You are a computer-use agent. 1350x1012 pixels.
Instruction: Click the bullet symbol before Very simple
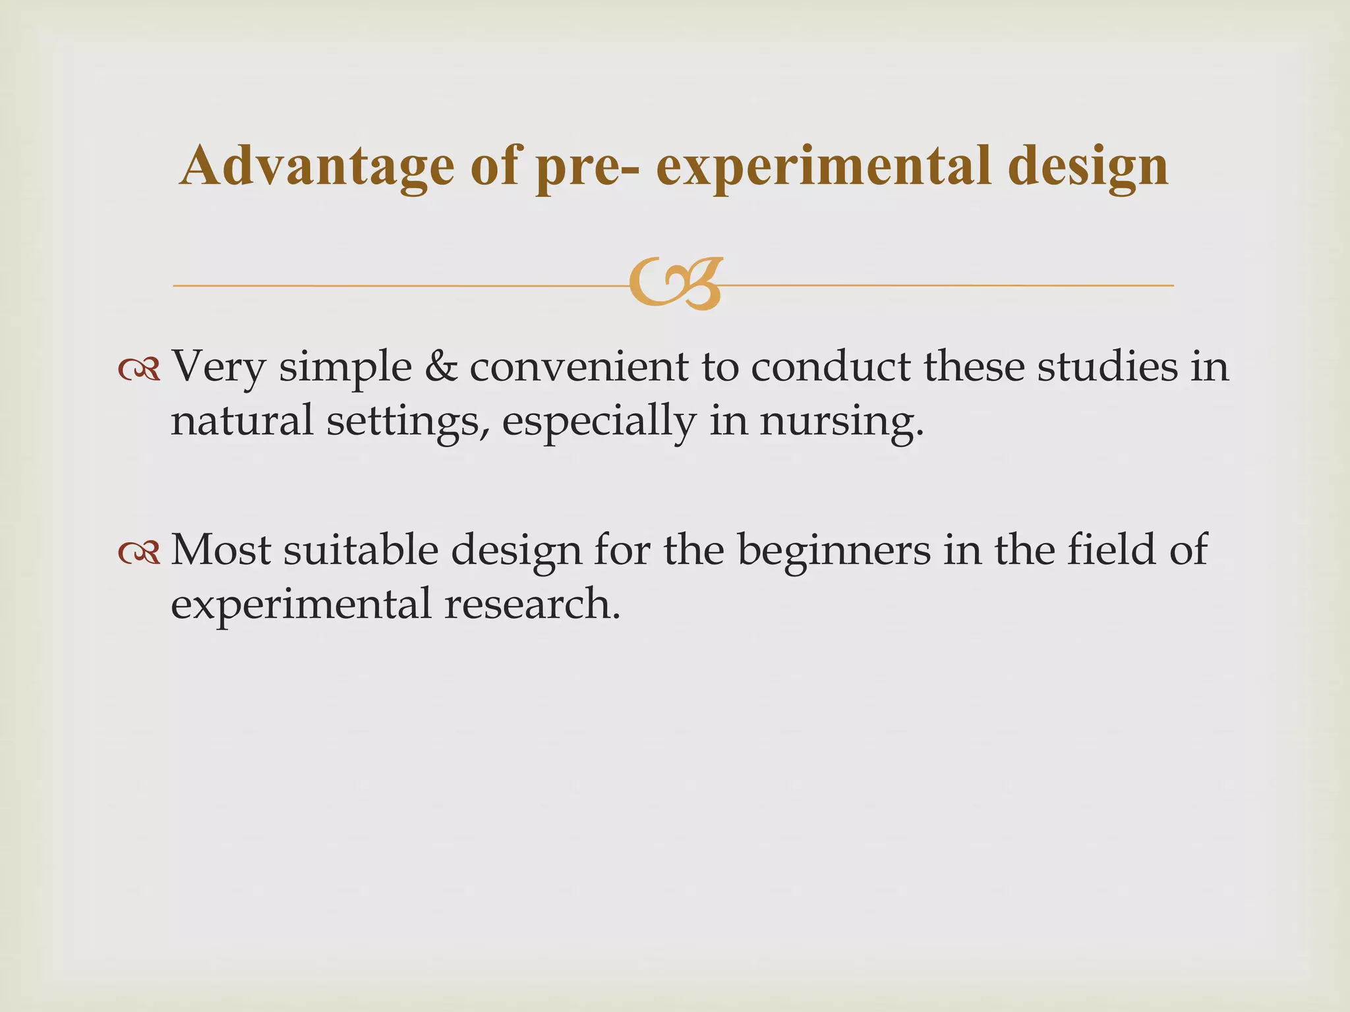pyautogui.click(x=139, y=371)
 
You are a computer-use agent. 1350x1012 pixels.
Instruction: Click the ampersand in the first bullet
pyautogui.click(x=441, y=366)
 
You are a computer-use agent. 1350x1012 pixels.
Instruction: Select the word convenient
pyautogui.click(x=579, y=366)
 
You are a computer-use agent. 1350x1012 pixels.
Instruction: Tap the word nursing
pyautogui.click(x=841, y=422)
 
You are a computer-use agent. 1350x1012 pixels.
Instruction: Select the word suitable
pyautogui.click(x=361, y=549)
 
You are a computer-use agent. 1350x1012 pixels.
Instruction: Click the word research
pyautogui.click(x=532, y=604)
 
